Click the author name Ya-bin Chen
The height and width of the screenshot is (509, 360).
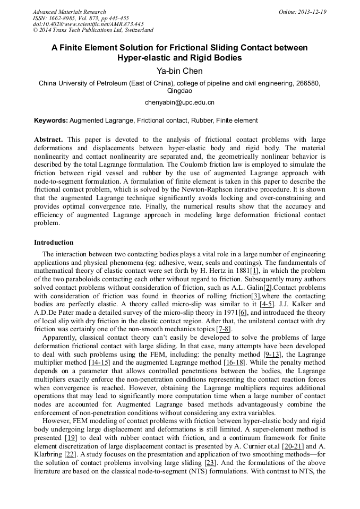pyautogui.click(x=179, y=71)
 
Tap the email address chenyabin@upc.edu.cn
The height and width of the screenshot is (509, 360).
pyautogui.click(x=179, y=102)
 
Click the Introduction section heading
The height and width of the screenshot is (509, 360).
pyautogui.click(x=54, y=243)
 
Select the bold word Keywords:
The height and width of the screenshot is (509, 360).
pyautogui.click(x=51, y=120)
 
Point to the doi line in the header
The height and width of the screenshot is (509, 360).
pyautogui.click(x=88, y=24)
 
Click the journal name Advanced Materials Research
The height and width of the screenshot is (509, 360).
pyautogui.click(x=69, y=12)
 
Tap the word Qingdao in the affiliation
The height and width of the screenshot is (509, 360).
pyautogui.click(x=179, y=91)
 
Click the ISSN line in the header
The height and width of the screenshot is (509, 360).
pyautogui.click(x=81, y=18)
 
